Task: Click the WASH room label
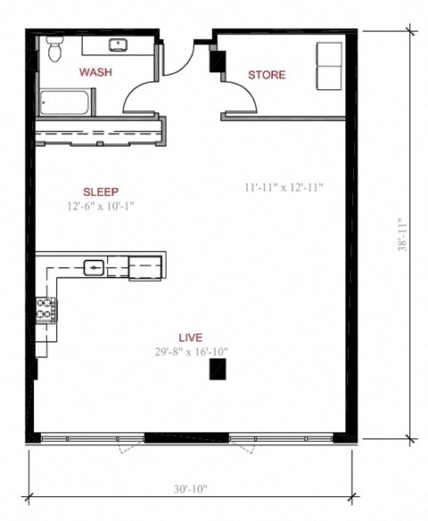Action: click(95, 72)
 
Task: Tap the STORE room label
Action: click(267, 75)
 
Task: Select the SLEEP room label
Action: click(101, 191)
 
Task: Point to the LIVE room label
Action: click(190, 338)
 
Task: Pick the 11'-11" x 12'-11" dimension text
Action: click(283, 188)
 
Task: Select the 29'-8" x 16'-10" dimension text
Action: click(190, 352)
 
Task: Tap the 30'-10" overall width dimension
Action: click(193, 489)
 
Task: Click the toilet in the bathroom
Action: click(53, 50)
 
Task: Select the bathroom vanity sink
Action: click(117, 45)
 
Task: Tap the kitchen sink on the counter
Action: click(95, 265)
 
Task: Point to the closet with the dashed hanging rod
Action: click(99, 133)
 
